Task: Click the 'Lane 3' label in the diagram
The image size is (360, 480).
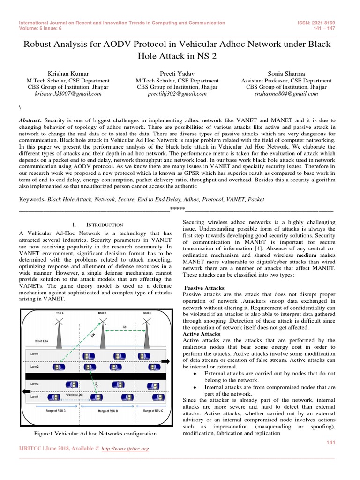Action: tap(35, 384)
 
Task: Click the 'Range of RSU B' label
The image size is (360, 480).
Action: tap(111, 411)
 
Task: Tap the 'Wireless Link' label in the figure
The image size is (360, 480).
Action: tap(75, 395)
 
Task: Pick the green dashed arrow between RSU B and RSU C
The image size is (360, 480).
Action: tap(124, 330)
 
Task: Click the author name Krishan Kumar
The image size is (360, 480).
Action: tap(68, 73)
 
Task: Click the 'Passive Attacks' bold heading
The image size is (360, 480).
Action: tap(204, 288)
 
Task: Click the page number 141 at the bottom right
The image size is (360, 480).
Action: tap(331, 442)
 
